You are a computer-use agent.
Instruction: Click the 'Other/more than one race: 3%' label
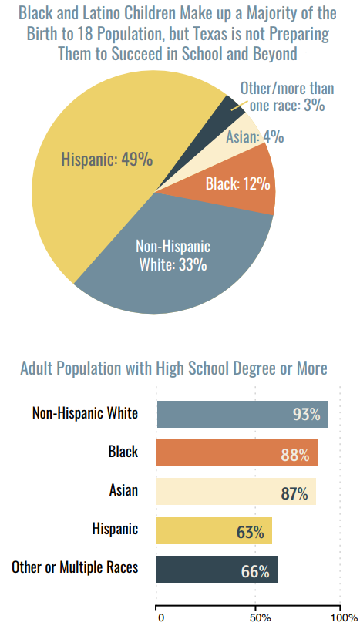click(287, 96)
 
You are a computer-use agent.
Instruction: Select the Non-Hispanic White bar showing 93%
click(242, 415)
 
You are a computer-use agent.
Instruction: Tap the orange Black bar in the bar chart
click(237, 453)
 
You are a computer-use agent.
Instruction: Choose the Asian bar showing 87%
click(236, 492)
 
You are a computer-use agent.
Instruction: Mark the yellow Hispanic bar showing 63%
click(214, 530)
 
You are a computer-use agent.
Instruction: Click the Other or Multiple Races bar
click(217, 569)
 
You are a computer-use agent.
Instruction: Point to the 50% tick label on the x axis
click(260, 617)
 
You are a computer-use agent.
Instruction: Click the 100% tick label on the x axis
click(344, 617)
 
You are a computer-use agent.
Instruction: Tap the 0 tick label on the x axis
click(161, 617)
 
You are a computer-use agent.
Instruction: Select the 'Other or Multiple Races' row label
click(75, 567)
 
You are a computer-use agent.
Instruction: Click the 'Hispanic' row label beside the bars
click(115, 529)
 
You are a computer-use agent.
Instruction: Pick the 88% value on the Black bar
click(295, 456)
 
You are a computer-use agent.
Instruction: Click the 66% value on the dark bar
click(255, 572)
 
